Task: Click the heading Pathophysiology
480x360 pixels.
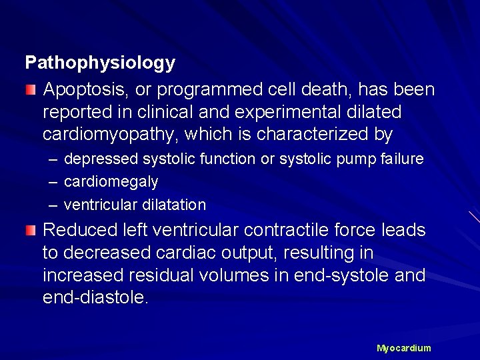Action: tap(100, 63)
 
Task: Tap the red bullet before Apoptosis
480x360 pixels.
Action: tap(30, 89)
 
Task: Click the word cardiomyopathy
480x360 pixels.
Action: tap(106, 135)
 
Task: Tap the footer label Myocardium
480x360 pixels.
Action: tap(403, 348)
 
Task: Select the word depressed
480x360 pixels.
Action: tap(103, 159)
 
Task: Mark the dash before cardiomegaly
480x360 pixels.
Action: tap(53, 181)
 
